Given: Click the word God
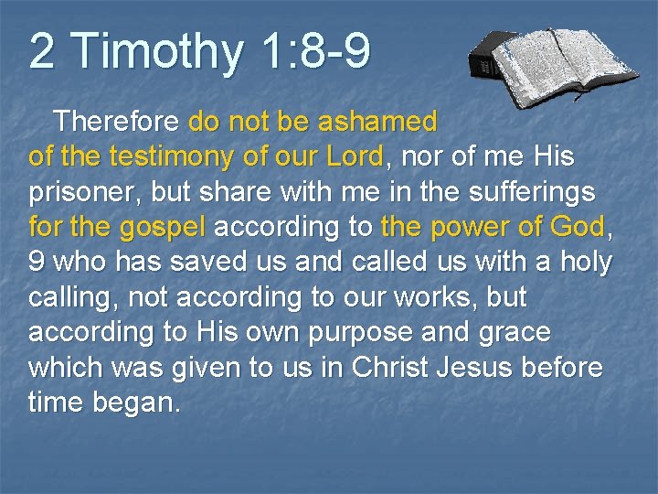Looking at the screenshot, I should [579, 228].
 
